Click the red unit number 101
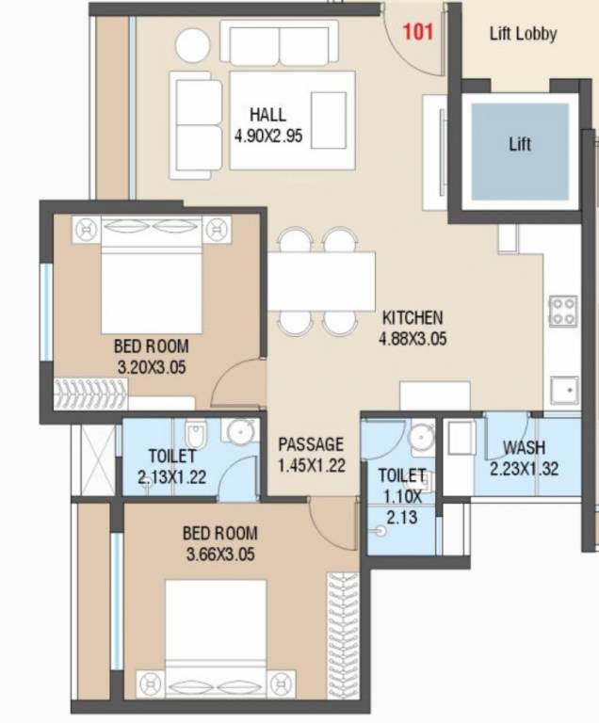(417, 32)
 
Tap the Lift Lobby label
(523, 34)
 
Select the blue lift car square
(519, 151)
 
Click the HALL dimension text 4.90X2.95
(267, 136)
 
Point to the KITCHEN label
(412, 318)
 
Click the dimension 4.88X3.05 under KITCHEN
(412, 338)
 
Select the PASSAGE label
(311, 444)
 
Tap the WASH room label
(525, 448)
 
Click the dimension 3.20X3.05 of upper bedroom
(151, 367)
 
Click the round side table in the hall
(195, 47)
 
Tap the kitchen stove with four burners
(563, 311)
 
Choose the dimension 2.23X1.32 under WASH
(525, 468)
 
